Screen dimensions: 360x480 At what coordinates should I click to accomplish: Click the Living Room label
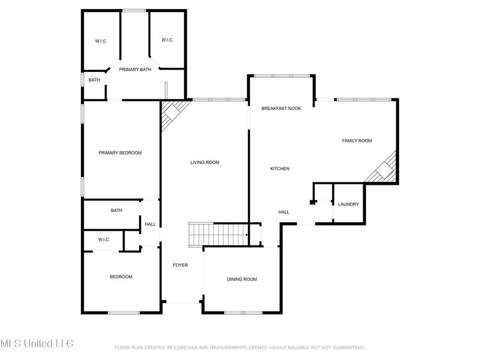coord(205,163)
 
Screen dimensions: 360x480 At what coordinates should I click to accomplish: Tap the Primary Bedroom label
coord(120,153)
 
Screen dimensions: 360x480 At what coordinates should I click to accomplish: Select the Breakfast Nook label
coord(281,108)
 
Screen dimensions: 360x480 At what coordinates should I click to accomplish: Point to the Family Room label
coord(357,141)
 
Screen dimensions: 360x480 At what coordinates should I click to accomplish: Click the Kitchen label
coord(279,169)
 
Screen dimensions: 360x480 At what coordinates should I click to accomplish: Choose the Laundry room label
coord(348,204)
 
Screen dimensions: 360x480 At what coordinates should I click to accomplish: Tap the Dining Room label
coord(242,279)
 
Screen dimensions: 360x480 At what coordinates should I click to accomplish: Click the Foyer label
coord(180,265)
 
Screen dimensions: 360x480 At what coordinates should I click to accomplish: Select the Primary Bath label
coord(135,70)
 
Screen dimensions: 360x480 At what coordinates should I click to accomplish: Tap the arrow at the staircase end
coord(246,234)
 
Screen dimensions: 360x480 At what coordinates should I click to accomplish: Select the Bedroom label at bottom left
coord(121,277)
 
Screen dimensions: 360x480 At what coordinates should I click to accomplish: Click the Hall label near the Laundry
coord(284,212)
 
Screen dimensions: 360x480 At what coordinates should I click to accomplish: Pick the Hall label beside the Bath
coord(150,225)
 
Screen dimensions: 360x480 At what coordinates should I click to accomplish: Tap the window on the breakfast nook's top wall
coord(281,76)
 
